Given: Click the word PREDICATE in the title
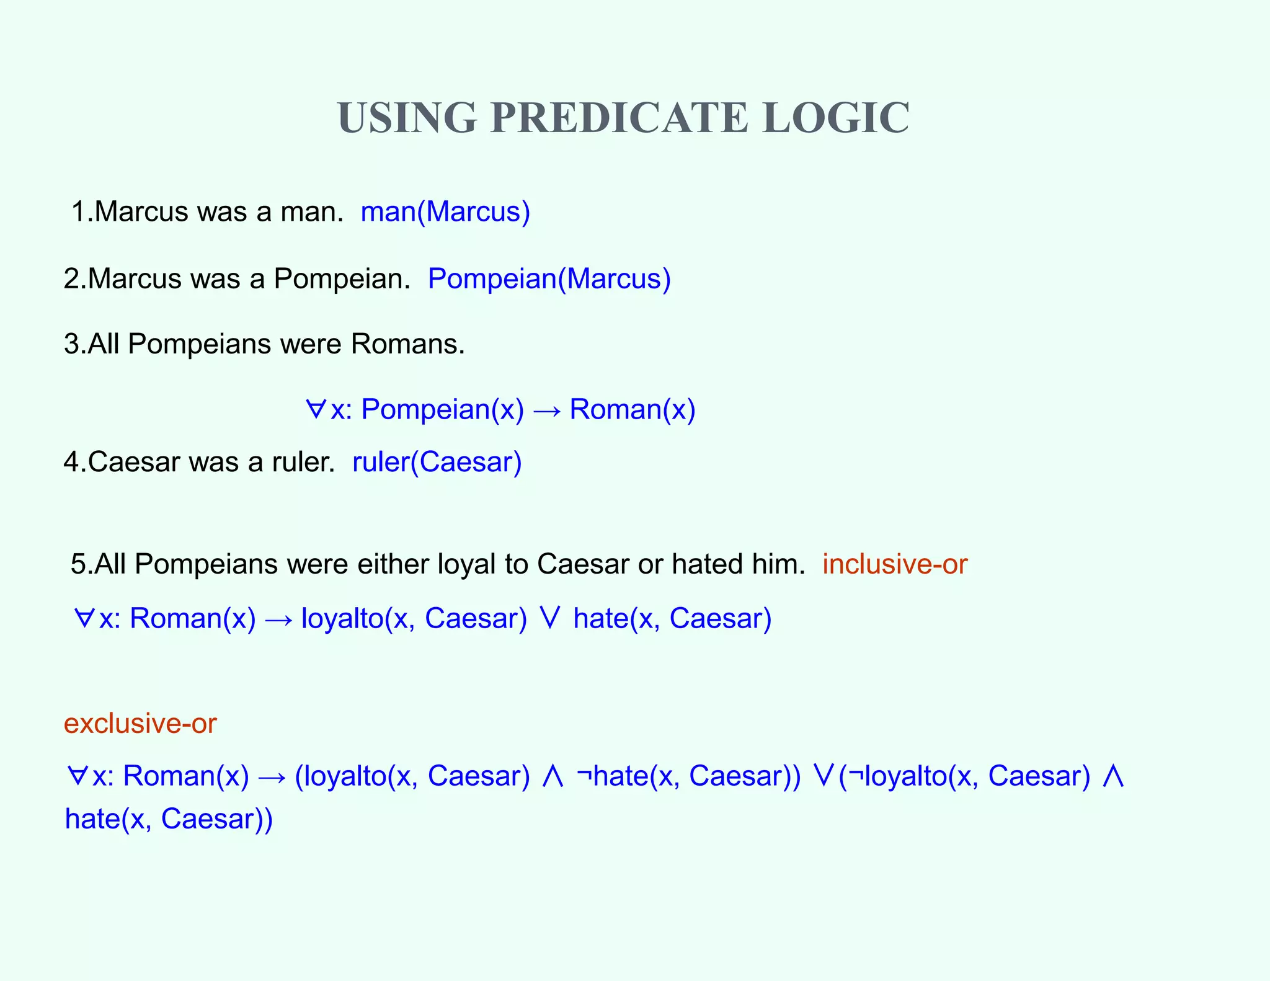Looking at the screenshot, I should (x=619, y=118).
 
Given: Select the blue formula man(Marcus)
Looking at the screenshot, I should (x=445, y=212).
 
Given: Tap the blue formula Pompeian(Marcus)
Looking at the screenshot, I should (x=549, y=279).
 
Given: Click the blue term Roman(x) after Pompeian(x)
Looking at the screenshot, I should (x=633, y=410).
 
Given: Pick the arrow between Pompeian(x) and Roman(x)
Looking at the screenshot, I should (x=546, y=411).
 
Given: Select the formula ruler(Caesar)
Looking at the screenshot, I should (x=437, y=463).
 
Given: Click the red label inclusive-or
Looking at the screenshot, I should (x=894, y=564).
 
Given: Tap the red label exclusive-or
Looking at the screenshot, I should (x=140, y=724).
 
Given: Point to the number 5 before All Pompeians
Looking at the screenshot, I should (x=78, y=564).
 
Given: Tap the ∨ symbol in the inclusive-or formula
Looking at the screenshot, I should (x=550, y=618).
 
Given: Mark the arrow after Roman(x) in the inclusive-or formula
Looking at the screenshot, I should (x=278, y=620).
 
